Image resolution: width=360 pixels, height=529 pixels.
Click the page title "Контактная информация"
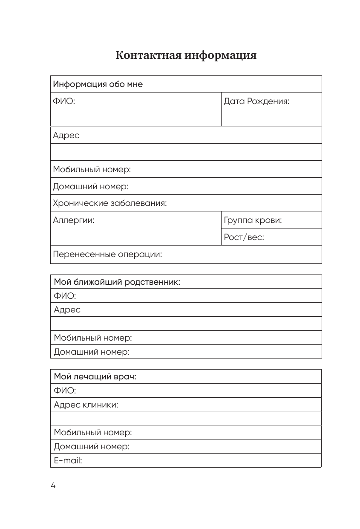[186, 55]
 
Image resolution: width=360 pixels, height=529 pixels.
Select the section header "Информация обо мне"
[98, 84]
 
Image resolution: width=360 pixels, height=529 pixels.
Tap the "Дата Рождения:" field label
[256, 101]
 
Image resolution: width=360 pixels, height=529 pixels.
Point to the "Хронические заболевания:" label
[109, 203]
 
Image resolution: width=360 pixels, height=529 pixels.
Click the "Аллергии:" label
[74, 220]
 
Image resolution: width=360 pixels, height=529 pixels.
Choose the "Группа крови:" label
[253, 220]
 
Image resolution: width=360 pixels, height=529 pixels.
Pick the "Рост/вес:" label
[244, 237]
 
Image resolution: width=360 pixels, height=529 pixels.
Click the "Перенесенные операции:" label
[107, 254]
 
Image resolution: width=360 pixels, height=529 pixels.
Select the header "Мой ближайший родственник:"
[117, 282]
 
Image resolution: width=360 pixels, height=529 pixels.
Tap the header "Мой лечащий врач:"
[95, 377]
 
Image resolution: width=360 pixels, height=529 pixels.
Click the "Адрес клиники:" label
[86, 405]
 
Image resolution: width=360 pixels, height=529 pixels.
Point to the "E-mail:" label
[68, 460]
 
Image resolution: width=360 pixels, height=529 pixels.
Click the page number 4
[53, 486]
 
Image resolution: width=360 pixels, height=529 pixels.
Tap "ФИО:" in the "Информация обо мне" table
[64, 101]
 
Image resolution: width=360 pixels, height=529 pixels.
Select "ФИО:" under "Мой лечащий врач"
[65, 390]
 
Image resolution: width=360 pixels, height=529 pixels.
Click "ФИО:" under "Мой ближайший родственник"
[65, 295]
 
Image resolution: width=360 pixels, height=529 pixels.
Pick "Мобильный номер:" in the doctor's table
[93, 433]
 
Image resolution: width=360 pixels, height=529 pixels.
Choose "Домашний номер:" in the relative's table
[91, 352]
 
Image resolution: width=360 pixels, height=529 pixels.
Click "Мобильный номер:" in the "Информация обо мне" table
[92, 169]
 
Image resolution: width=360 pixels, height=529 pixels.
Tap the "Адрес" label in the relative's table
[67, 309]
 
